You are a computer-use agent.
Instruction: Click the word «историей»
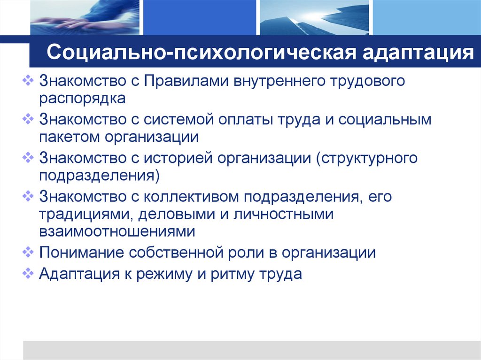pos(179,158)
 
